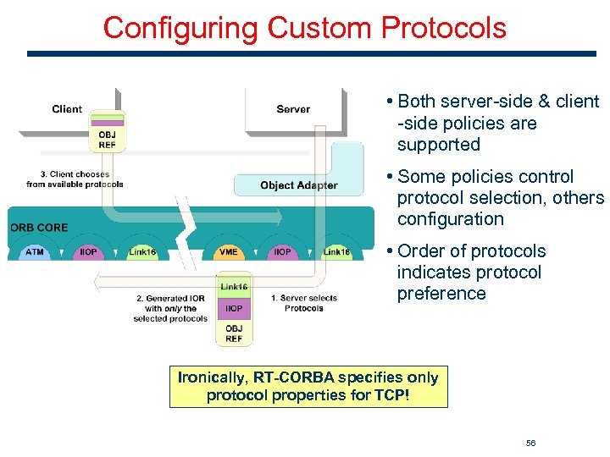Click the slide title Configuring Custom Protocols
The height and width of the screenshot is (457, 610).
pos(304,28)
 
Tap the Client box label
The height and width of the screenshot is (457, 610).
pos(67,108)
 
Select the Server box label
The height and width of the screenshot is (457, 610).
pos(293,109)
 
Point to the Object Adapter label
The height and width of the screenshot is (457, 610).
pos(298,185)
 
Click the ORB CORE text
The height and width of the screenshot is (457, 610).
pos(39,228)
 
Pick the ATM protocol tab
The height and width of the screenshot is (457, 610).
pos(35,252)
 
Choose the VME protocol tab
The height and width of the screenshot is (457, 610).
pos(228,252)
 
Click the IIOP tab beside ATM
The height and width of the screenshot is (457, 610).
pos(88,252)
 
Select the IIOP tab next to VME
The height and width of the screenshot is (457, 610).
pos(282,252)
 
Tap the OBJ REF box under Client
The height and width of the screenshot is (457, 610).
pos(108,139)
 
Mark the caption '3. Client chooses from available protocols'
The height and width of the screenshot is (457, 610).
pos(75,179)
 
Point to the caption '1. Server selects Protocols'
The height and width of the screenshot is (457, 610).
pos(304,303)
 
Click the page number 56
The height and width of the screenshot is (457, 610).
pos(530,443)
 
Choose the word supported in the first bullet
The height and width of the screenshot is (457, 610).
pos(438,145)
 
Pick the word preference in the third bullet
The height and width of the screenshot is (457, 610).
pos(441,294)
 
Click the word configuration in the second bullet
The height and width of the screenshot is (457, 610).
pos(450,219)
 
